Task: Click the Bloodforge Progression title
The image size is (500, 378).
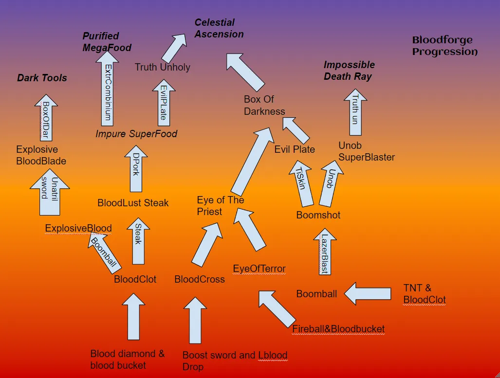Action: point(444,46)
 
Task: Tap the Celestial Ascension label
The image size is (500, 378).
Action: point(219,28)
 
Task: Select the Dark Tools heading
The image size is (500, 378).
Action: point(42,78)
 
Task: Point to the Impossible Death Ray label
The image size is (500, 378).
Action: point(349,71)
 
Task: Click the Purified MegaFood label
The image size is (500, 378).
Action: point(107,42)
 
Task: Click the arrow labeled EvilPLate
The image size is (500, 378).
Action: point(163,102)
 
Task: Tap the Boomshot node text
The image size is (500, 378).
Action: point(318,215)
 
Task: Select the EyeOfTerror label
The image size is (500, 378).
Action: point(259,269)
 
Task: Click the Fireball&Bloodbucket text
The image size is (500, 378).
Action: point(338,329)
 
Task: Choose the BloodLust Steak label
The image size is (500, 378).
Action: point(133,202)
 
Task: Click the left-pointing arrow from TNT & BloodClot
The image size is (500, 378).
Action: point(368,293)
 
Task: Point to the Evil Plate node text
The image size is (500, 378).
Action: point(295,149)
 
